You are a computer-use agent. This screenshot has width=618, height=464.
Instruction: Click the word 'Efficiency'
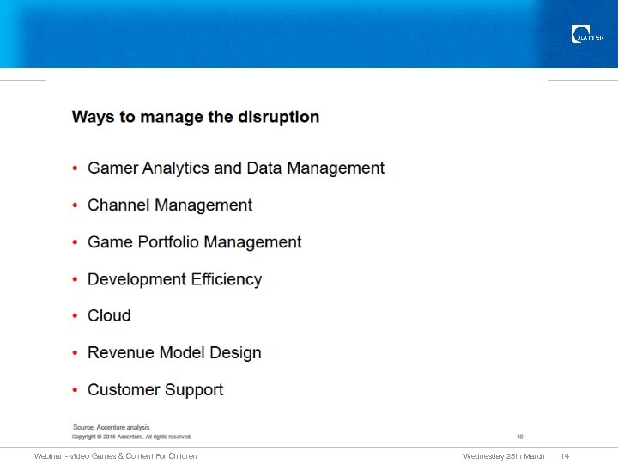coord(222,279)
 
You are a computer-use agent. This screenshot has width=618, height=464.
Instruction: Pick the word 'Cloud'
coord(109,316)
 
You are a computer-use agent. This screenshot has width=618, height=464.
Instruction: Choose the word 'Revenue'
coord(121,353)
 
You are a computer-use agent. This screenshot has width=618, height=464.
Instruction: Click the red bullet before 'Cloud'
coord(76,316)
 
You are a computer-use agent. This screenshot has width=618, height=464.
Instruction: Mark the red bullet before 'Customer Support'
coord(76,390)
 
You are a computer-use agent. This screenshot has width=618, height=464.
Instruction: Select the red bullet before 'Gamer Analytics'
coord(76,168)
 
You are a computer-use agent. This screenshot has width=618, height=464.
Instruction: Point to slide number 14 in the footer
coord(565,456)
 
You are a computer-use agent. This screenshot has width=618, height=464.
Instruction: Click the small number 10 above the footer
coord(519,437)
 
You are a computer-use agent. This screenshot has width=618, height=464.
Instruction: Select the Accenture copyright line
coord(131,437)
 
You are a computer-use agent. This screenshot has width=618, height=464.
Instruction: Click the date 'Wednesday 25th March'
coord(504,456)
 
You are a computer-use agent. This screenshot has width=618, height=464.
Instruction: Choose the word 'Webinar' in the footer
coord(49,456)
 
